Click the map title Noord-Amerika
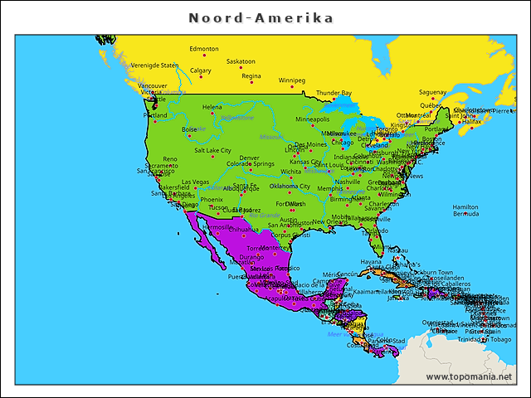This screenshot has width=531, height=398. [261, 17]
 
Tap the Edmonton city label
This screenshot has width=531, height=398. [204, 49]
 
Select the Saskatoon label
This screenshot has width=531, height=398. [241, 61]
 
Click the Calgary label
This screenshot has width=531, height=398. [200, 70]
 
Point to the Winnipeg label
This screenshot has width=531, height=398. [291, 80]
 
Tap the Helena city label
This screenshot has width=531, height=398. [212, 107]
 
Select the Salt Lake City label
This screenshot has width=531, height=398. [212, 150]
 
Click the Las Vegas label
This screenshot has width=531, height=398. [196, 182]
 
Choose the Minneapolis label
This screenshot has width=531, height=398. [312, 119]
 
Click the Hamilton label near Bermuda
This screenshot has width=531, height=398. [465, 206]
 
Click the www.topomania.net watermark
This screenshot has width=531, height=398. [468, 376]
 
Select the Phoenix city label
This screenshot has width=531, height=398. [212, 199]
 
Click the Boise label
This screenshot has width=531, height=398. [190, 129]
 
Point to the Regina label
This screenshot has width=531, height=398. [251, 75]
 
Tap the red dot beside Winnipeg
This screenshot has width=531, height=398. [292, 88]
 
